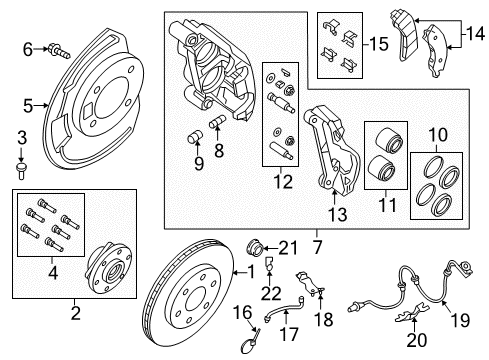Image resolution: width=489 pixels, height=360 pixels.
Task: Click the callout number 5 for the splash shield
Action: [x=29, y=103]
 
